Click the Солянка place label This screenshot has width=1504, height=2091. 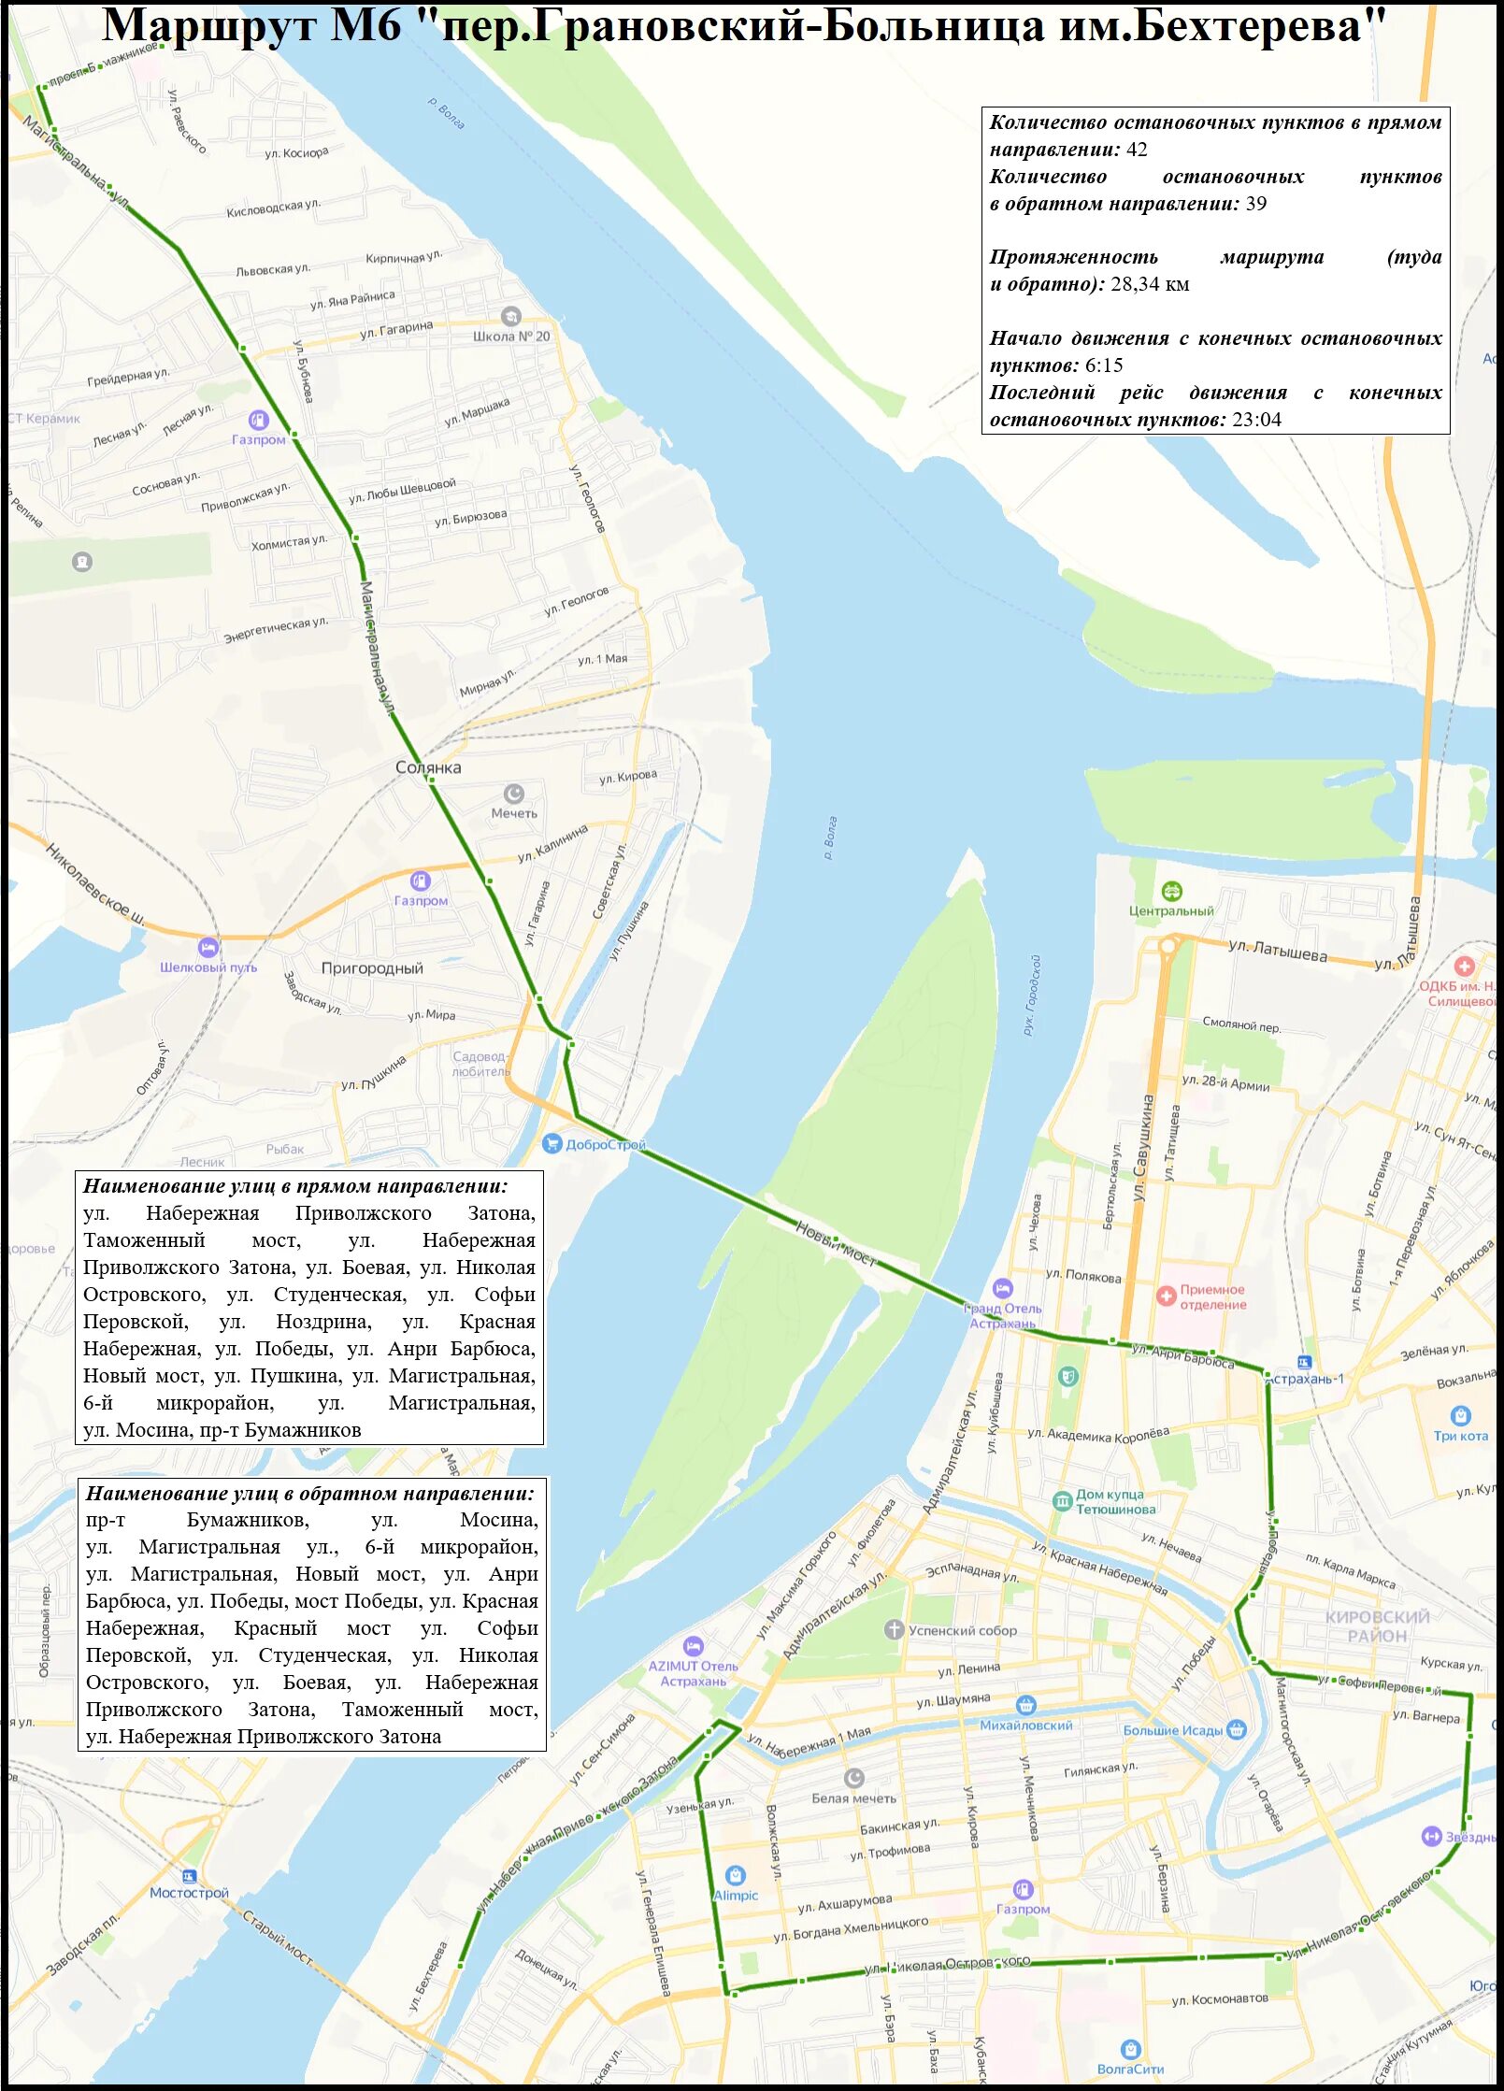(x=428, y=767)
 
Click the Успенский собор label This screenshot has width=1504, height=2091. (x=962, y=1630)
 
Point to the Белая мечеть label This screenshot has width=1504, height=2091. (x=853, y=1797)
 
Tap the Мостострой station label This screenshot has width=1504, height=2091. (x=189, y=1892)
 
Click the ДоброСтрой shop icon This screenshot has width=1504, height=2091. (x=551, y=1143)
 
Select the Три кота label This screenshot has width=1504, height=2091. (x=1460, y=1436)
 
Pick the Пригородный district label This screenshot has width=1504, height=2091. (x=372, y=968)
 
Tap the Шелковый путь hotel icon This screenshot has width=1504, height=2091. (x=208, y=948)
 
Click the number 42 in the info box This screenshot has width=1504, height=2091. (x=1137, y=150)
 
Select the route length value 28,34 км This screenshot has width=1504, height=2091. (x=1150, y=284)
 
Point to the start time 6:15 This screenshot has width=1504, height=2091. (x=1104, y=365)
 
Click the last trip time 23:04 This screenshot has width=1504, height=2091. (x=1256, y=420)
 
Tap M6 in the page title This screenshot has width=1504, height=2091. (x=366, y=26)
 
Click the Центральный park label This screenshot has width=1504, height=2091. (x=1171, y=910)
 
